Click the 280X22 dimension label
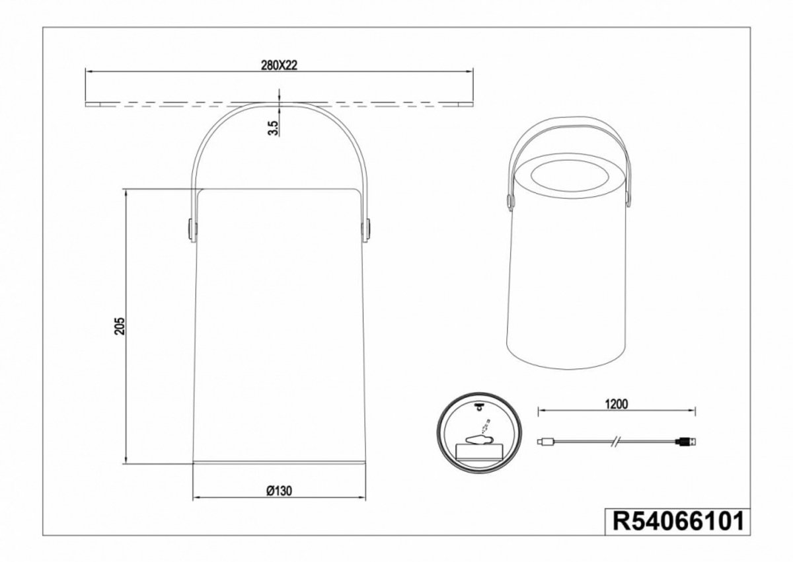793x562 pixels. click(x=279, y=65)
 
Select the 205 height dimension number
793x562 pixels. click(x=120, y=326)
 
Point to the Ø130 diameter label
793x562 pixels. click(x=280, y=491)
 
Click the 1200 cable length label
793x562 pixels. click(x=617, y=405)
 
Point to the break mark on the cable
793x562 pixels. click(x=617, y=442)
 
